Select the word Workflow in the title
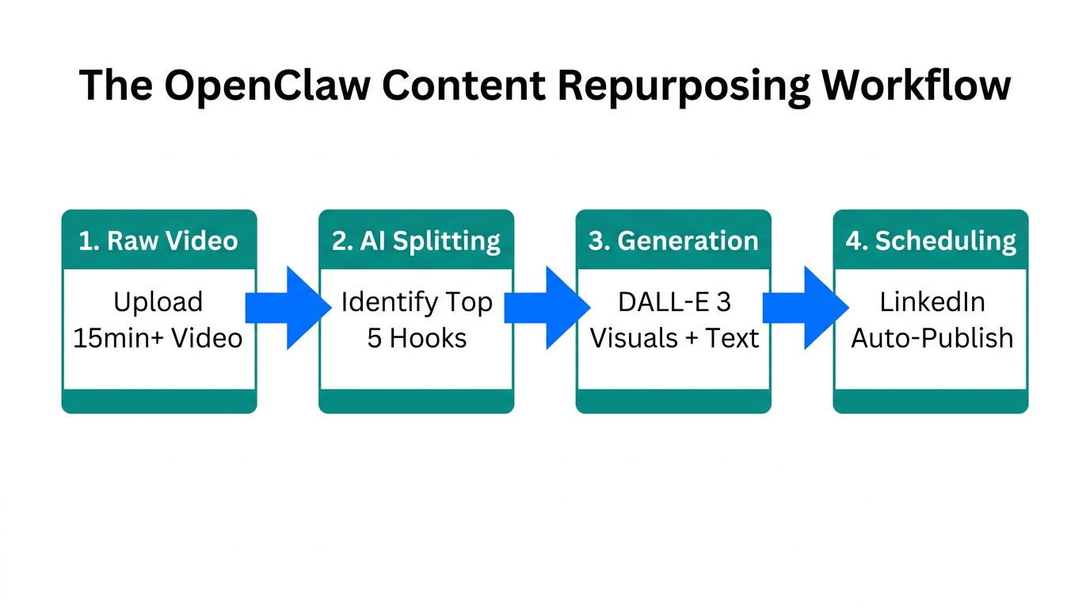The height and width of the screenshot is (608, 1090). [x=916, y=85]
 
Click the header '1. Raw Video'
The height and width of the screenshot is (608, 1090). [x=158, y=241]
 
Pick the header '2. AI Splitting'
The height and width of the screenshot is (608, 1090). [x=416, y=241]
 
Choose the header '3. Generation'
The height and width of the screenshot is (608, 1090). [x=673, y=241]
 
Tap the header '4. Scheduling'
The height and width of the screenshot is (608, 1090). [x=931, y=241]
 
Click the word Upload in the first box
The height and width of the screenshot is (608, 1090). [x=158, y=302]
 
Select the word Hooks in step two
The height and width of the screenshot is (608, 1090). [x=428, y=338]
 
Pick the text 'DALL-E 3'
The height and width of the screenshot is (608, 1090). [x=674, y=302]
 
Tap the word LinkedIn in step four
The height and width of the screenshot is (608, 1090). [x=932, y=302]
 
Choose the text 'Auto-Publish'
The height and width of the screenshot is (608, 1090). [x=932, y=338]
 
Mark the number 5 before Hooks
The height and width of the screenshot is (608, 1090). [x=374, y=338]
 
